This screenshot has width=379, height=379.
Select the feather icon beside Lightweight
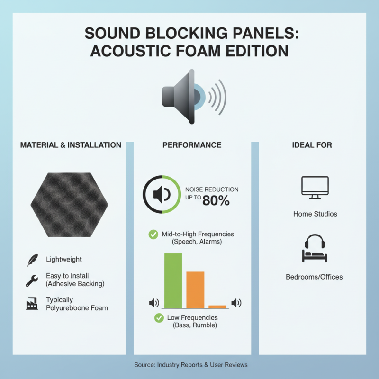(x=32, y=260)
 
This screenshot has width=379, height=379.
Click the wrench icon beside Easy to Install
(x=32, y=280)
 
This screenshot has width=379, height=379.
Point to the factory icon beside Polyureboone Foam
(x=32, y=304)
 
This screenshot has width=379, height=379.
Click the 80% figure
(x=216, y=201)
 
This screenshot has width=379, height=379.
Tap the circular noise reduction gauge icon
(x=161, y=194)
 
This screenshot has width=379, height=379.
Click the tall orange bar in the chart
(x=195, y=289)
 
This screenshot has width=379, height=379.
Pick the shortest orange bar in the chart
(x=217, y=307)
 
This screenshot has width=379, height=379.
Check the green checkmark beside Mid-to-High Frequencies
(x=153, y=234)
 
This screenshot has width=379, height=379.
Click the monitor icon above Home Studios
(x=315, y=187)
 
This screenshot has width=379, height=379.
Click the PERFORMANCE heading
(x=192, y=145)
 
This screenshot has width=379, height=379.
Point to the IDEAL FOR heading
(x=312, y=145)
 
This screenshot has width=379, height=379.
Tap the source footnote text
(x=191, y=365)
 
